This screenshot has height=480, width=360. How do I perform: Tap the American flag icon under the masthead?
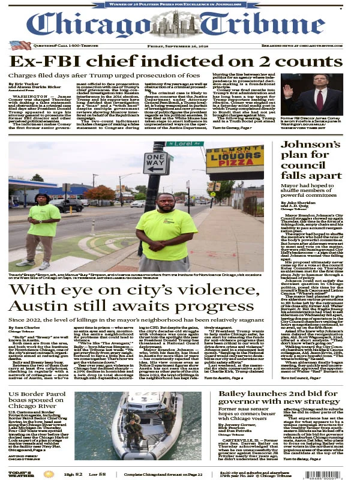coord(20,45)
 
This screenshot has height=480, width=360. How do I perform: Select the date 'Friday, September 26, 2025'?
coord(180,46)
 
